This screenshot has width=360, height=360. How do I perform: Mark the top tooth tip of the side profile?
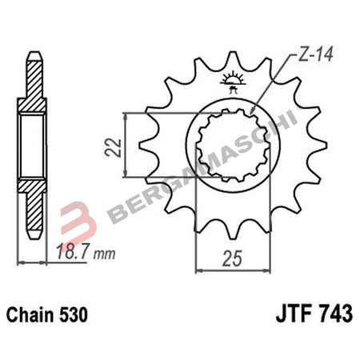point(34,54)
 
